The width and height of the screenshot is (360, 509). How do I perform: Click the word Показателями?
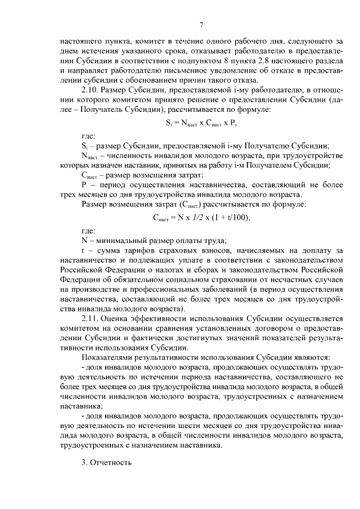pyautogui.click(x=112, y=358)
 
